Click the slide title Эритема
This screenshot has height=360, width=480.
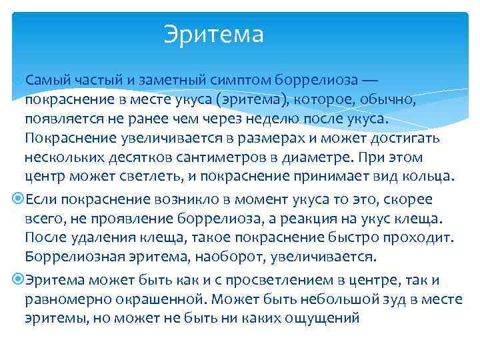click(214, 34)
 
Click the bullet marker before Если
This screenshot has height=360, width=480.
click(17, 199)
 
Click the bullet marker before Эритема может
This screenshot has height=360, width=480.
click(17, 280)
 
